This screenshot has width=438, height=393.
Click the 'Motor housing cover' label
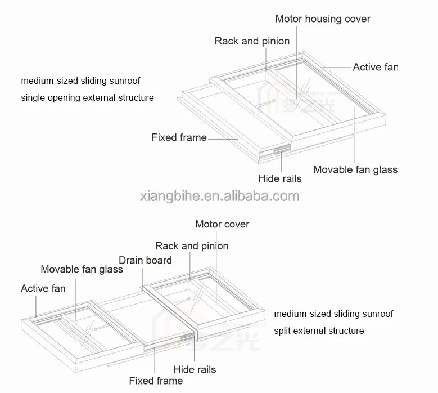coord(322,19)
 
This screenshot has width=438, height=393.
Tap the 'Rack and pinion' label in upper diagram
coord(252,41)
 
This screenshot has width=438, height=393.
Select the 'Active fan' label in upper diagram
coord(375,67)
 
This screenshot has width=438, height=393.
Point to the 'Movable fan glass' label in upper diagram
coord(355,169)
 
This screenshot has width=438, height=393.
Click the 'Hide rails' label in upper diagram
coord(279,178)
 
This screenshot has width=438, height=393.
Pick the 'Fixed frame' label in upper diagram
coord(179,137)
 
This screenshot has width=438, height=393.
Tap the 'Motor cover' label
coord(222,224)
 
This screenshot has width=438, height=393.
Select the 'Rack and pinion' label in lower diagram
coord(192,246)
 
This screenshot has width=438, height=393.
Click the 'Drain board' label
coord(145,260)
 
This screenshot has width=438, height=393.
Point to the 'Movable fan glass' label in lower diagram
coord(82,269)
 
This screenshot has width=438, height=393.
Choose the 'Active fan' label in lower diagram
coord(43,289)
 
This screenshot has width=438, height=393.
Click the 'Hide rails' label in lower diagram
coord(195,369)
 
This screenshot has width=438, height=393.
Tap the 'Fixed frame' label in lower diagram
coord(156,381)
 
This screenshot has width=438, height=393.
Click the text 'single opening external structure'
coord(87,97)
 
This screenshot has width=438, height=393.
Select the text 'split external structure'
coord(319,331)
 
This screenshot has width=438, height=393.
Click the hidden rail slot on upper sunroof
coord(279,150)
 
